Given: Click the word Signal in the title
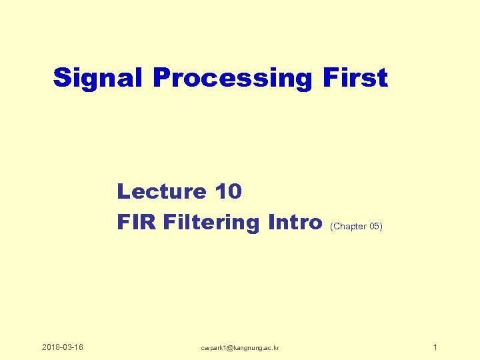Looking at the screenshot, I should click(x=99, y=78).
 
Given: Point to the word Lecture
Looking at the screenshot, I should click(x=162, y=192).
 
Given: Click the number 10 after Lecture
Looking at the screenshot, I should click(x=229, y=192).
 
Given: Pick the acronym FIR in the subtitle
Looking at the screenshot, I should click(x=136, y=221).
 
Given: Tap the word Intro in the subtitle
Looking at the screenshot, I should click(x=294, y=221).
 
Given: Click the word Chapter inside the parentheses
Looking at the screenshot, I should click(x=351, y=227).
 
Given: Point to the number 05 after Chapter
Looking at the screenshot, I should click(x=375, y=227).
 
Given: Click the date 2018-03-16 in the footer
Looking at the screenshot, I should click(x=62, y=347).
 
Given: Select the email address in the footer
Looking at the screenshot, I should click(x=241, y=348).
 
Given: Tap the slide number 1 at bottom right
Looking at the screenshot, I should click(x=435, y=347).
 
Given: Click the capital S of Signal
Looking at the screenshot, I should click(x=63, y=78).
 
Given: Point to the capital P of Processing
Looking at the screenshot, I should click(x=161, y=78).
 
